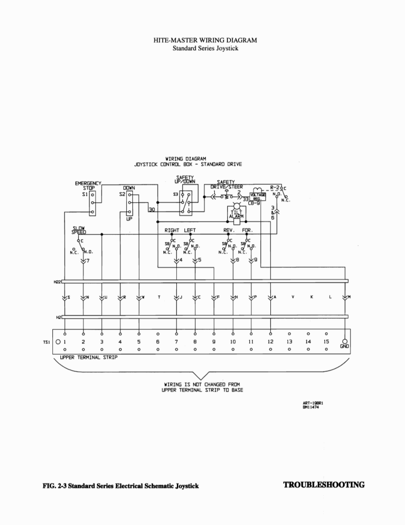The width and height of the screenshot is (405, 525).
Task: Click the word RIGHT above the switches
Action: click(x=173, y=230)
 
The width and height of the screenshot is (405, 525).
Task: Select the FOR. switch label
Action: click(x=247, y=230)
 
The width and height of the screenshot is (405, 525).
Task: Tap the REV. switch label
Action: click(x=229, y=230)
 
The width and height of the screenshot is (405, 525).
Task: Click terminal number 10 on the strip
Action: click(x=233, y=342)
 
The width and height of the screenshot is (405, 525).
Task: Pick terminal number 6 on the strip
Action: click(x=158, y=342)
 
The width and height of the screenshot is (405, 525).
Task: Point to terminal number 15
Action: click(x=326, y=342)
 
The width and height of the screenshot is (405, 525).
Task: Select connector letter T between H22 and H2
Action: click(x=158, y=297)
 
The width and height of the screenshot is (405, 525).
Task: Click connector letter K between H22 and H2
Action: click(x=311, y=297)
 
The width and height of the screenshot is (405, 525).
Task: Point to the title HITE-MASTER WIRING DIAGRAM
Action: click(x=205, y=41)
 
